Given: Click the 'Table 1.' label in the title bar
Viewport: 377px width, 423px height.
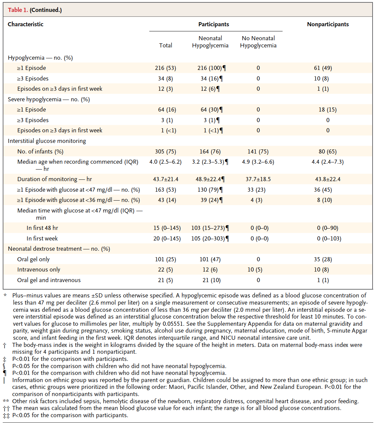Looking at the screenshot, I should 18,10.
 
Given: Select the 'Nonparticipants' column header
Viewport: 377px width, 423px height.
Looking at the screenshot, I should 328,24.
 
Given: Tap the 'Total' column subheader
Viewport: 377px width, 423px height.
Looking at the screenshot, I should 166,45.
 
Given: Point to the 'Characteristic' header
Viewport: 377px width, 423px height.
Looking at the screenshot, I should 26,24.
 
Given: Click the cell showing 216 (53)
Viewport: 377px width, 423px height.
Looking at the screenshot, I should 166,68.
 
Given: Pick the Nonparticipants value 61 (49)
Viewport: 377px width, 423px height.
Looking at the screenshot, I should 323,68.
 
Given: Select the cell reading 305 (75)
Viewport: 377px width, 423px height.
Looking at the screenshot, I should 166,151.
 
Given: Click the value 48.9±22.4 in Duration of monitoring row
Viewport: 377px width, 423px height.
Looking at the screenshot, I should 208,179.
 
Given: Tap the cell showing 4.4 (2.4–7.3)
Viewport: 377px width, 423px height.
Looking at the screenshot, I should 328,162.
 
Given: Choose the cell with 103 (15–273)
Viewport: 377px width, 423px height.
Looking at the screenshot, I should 208,228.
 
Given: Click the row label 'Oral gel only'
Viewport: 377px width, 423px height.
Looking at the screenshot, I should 33,259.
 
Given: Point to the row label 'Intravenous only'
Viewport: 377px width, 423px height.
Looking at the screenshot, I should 39,269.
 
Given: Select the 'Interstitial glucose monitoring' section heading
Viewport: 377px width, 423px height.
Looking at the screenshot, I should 47,141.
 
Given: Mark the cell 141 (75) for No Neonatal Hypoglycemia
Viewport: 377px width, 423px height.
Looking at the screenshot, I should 258,151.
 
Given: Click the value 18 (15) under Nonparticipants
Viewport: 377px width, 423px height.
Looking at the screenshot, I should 328,110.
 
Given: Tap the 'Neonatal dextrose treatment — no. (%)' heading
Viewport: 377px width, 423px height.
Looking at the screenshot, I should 59,249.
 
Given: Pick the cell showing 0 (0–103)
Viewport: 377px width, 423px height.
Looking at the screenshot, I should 329,238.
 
